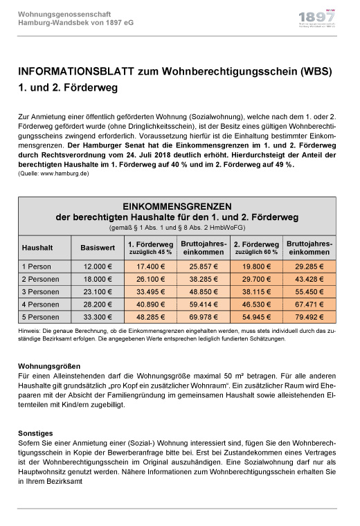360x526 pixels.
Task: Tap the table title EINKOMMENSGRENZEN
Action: pos(177,206)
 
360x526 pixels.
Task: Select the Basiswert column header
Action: pos(98,247)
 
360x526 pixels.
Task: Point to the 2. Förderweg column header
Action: pos(256,247)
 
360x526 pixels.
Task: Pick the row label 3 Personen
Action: pos(41,291)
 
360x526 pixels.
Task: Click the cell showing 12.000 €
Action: pos(98,266)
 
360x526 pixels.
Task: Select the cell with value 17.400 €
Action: pos(150,266)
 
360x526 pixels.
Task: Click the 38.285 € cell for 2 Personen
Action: pos(203,278)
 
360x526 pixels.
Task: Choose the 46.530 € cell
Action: pos(256,303)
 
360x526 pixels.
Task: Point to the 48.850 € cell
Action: pos(203,291)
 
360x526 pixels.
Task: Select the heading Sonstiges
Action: pos(35,433)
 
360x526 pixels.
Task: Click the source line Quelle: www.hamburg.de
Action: pos(53,173)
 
